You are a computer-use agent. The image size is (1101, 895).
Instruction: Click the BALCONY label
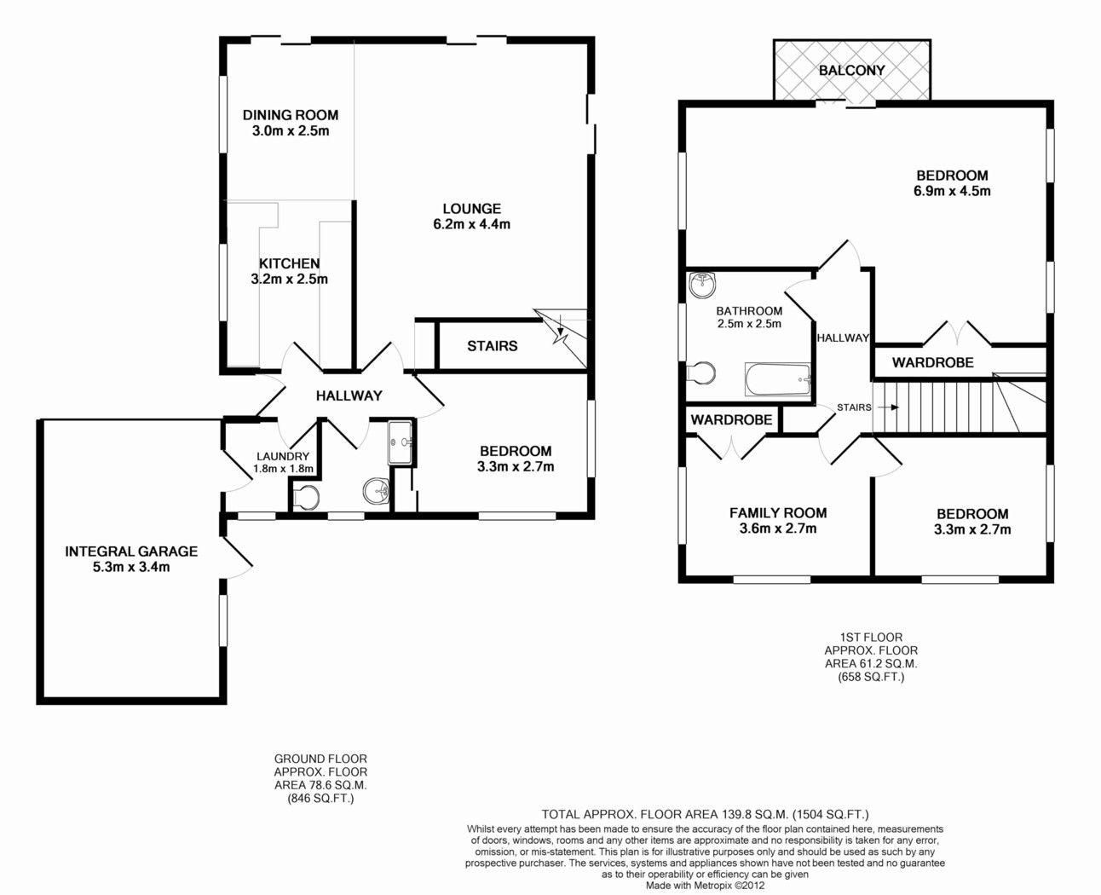[852, 70]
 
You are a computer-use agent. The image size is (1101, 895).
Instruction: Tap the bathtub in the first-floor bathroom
[777, 379]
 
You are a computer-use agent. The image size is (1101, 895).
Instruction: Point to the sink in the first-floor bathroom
[703, 286]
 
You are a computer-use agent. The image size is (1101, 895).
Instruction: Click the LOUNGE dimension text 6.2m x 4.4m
[471, 224]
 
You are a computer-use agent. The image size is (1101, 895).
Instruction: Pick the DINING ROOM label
[291, 115]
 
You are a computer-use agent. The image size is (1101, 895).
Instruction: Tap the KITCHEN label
[290, 263]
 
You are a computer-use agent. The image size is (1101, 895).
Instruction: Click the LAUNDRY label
[283, 457]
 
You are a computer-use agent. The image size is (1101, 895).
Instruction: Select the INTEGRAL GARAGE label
[131, 551]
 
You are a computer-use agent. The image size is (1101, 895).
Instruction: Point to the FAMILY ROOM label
[778, 513]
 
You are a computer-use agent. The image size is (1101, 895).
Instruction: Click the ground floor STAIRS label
[492, 346]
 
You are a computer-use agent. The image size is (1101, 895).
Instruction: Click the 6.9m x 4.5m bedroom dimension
[952, 191]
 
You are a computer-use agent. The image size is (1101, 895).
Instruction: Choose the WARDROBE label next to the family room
[731, 420]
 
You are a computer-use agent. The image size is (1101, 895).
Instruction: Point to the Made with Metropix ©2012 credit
[705, 886]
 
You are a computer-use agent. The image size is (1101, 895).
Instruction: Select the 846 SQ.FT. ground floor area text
[320, 799]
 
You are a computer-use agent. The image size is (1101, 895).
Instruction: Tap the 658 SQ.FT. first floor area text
[871, 678]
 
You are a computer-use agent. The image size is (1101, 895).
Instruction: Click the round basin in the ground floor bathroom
[377, 490]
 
